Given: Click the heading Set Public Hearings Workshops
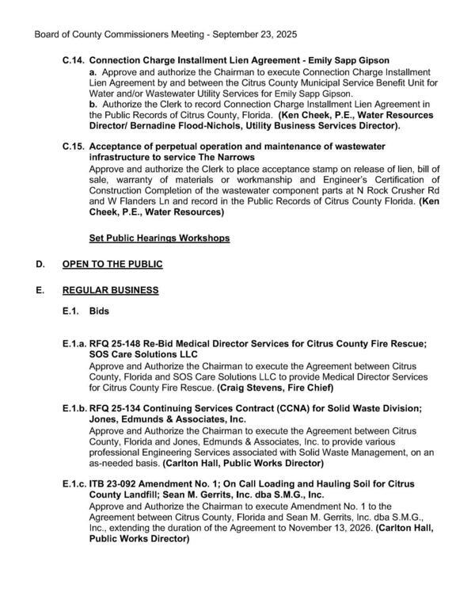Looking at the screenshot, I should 160,238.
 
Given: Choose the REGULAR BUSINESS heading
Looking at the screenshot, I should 124,291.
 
